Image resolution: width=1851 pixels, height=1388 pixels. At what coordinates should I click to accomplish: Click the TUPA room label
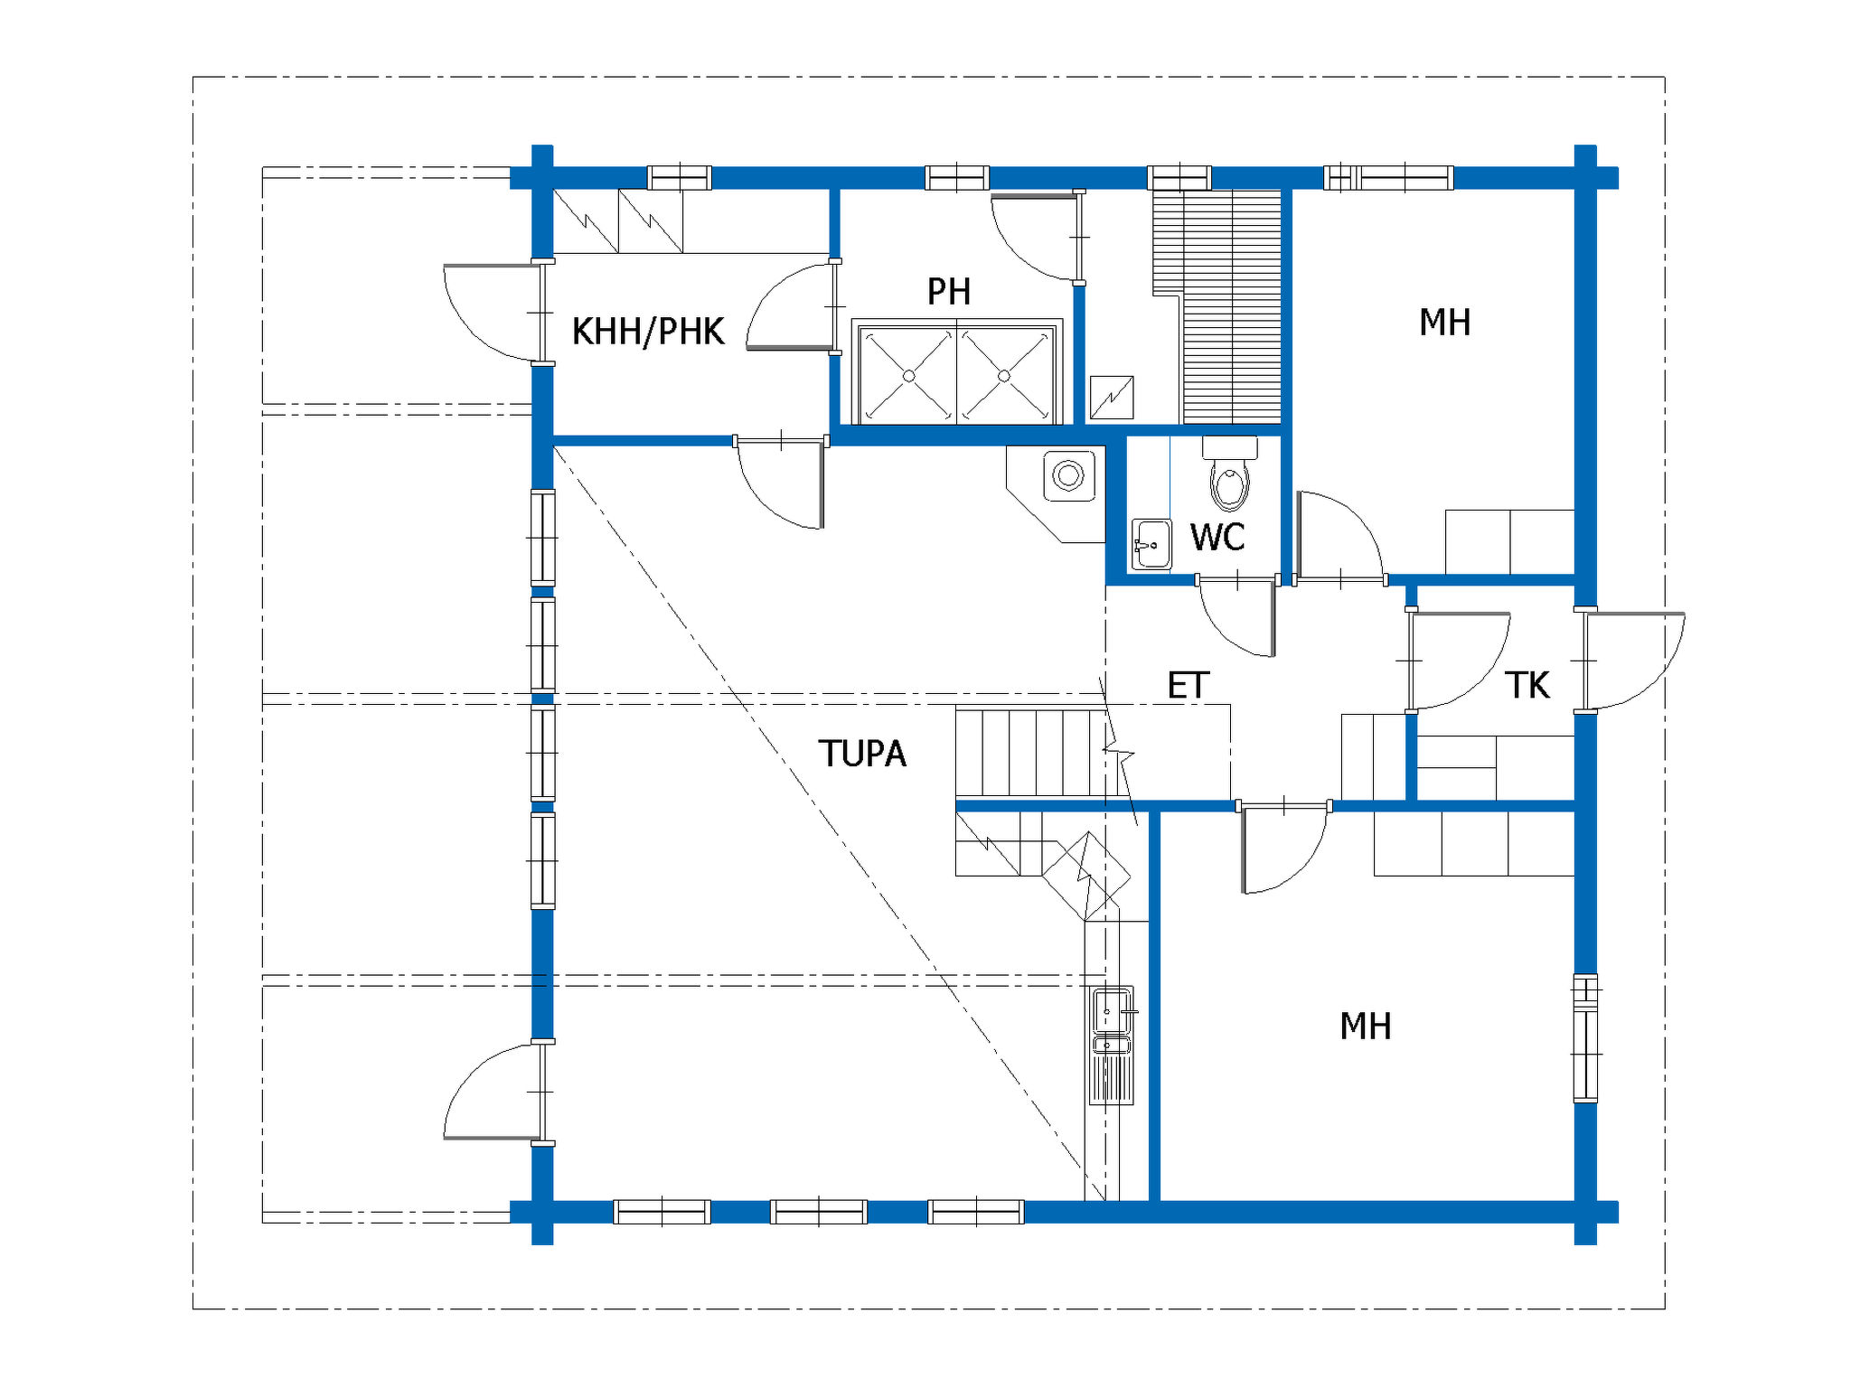pyautogui.click(x=862, y=754)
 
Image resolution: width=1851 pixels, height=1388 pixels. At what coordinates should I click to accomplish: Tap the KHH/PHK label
pyautogui.click(x=648, y=332)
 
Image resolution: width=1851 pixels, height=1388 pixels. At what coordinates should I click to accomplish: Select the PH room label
pyautogui.click(x=949, y=292)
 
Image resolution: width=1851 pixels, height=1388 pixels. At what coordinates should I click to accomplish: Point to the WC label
pyautogui.click(x=1217, y=538)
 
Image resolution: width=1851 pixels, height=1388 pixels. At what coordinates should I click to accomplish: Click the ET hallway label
pyautogui.click(x=1188, y=686)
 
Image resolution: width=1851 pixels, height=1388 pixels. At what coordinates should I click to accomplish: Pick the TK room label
pyautogui.click(x=1527, y=686)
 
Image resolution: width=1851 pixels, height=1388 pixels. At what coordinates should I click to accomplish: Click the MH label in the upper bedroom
pyautogui.click(x=1444, y=323)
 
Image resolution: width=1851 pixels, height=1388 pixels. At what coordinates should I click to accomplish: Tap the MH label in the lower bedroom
pyautogui.click(x=1366, y=1027)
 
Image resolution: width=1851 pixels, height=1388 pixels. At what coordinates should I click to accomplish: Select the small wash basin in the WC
pyautogui.click(x=1151, y=544)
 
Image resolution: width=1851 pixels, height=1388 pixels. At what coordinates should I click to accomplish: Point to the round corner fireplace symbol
pyautogui.click(x=1068, y=475)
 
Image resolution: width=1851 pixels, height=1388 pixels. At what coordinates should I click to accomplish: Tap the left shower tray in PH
pyautogui.click(x=907, y=375)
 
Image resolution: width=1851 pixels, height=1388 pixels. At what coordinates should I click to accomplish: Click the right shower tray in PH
pyautogui.click(x=1005, y=375)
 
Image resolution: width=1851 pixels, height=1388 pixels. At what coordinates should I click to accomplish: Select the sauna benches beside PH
pyautogui.click(x=1217, y=306)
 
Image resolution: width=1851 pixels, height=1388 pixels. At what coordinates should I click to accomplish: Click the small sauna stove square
pyautogui.click(x=1112, y=398)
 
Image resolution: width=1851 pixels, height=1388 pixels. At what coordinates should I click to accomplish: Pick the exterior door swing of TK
pyautogui.click(x=1634, y=661)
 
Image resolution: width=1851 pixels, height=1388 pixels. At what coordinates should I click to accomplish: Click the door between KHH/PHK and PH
pyautogui.click(x=791, y=307)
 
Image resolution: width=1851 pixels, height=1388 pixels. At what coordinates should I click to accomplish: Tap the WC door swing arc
pyautogui.click(x=1236, y=617)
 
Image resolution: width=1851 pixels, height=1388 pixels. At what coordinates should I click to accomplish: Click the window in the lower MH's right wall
pyautogui.click(x=1585, y=1038)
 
